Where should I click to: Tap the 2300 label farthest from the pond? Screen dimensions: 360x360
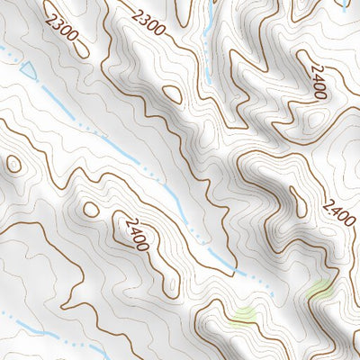(148, 22)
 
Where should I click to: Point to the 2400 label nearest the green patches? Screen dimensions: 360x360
(339, 210)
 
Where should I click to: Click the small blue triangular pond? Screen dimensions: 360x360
(27, 69)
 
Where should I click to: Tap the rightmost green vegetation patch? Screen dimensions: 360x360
(319, 290)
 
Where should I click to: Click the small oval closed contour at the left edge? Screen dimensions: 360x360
(13, 164)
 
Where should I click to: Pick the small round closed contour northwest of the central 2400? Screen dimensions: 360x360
(91, 209)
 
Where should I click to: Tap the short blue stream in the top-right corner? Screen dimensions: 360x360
(345, 4)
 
